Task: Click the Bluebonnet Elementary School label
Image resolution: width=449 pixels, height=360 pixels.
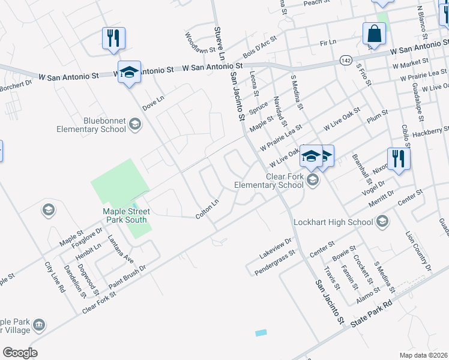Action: pos(91,125)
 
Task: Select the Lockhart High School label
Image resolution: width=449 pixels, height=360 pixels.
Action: pos(334,223)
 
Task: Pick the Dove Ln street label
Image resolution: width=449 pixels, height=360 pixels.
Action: pos(153,102)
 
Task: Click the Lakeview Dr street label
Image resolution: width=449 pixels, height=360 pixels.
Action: pos(276,245)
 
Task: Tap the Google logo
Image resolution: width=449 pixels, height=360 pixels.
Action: pos(20,352)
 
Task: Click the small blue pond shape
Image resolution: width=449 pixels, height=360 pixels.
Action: pos(261,332)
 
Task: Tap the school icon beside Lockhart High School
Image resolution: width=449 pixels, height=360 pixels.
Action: pos(381,223)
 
